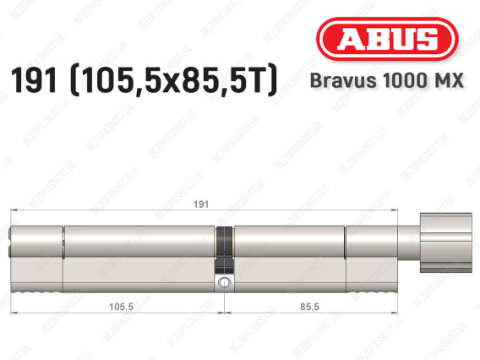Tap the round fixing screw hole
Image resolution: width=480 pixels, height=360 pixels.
pos(225,282)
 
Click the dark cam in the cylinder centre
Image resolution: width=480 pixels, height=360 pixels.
pos(225,245)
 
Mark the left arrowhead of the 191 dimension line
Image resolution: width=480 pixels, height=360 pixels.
pos(10,211)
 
